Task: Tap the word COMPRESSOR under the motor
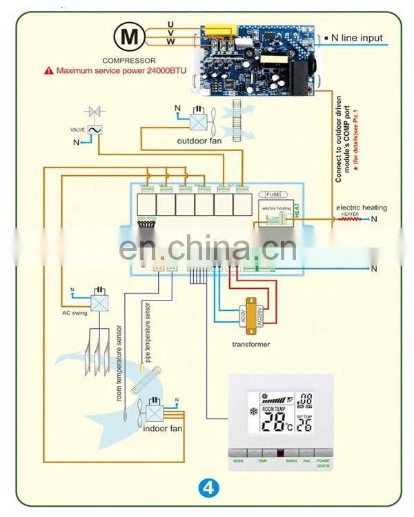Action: pyautogui.click(x=129, y=60)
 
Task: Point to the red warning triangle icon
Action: pyautogui.click(x=48, y=70)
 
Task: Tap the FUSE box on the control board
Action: pyautogui.click(x=273, y=195)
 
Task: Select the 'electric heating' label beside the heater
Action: pyautogui.click(x=362, y=207)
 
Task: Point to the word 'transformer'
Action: pyautogui.click(x=251, y=344)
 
